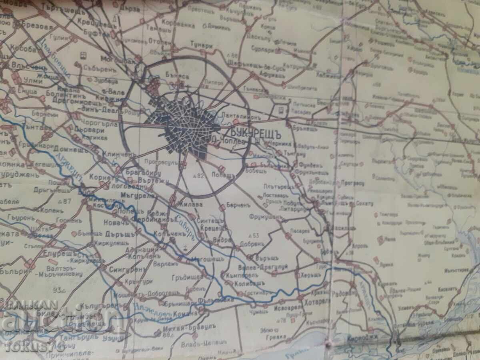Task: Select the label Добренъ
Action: tap(252, 244)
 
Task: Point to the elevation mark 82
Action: tap(198, 176)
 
